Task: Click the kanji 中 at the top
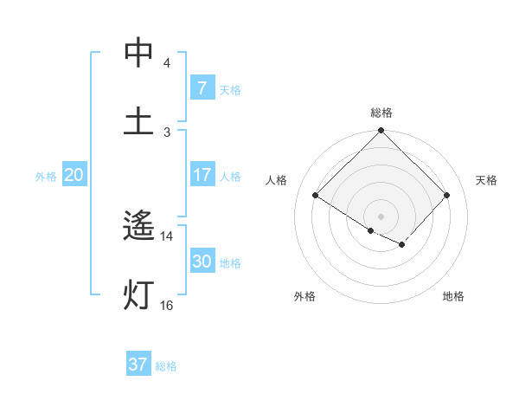(138, 54)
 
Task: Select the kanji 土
(138, 121)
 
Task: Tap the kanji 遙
(138, 228)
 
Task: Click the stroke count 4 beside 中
(166, 63)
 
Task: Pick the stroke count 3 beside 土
(166, 132)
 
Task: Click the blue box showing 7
(202, 87)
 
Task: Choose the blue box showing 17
(202, 175)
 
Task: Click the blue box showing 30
(202, 262)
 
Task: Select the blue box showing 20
(74, 175)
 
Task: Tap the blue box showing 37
(138, 365)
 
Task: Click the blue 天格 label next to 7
(230, 89)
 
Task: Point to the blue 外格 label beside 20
(46, 176)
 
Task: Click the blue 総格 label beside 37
(166, 366)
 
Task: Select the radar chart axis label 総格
(381, 113)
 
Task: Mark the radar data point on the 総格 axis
(381, 132)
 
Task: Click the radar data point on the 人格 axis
(316, 196)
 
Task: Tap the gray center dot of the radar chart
(381, 216)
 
